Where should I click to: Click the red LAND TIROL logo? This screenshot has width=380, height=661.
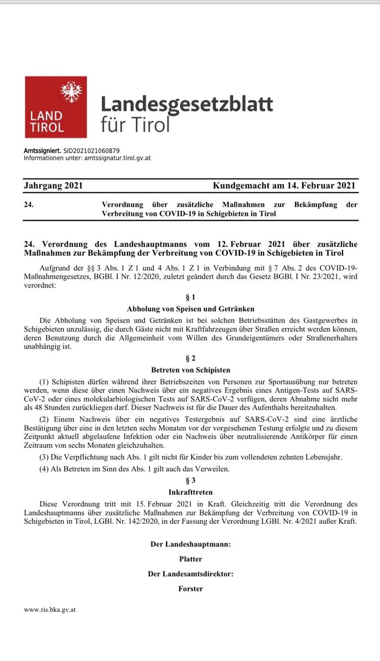click(x=56, y=107)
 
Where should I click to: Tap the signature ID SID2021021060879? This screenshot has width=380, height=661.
click(x=92, y=150)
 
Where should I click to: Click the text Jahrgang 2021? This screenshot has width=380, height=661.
click(x=53, y=186)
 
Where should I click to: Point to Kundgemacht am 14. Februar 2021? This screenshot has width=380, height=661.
click(x=285, y=186)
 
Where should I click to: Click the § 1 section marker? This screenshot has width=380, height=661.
click(x=190, y=297)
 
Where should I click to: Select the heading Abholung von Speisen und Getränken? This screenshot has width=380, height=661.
click(x=190, y=308)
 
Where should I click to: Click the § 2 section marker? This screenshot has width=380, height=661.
click(x=190, y=358)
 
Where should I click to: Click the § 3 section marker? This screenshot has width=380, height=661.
click(x=190, y=480)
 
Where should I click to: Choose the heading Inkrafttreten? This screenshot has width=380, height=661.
click(x=190, y=491)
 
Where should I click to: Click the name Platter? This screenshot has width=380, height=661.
click(x=190, y=559)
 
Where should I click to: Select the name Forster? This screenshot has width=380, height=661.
click(x=190, y=589)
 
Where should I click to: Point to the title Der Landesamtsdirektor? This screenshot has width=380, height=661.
click(x=190, y=574)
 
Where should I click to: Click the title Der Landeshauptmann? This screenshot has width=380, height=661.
click(x=190, y=544)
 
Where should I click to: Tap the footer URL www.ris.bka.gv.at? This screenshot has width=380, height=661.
click(x=50, y=610)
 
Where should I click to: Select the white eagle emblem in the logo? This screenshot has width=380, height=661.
click(x=71, y=92)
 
